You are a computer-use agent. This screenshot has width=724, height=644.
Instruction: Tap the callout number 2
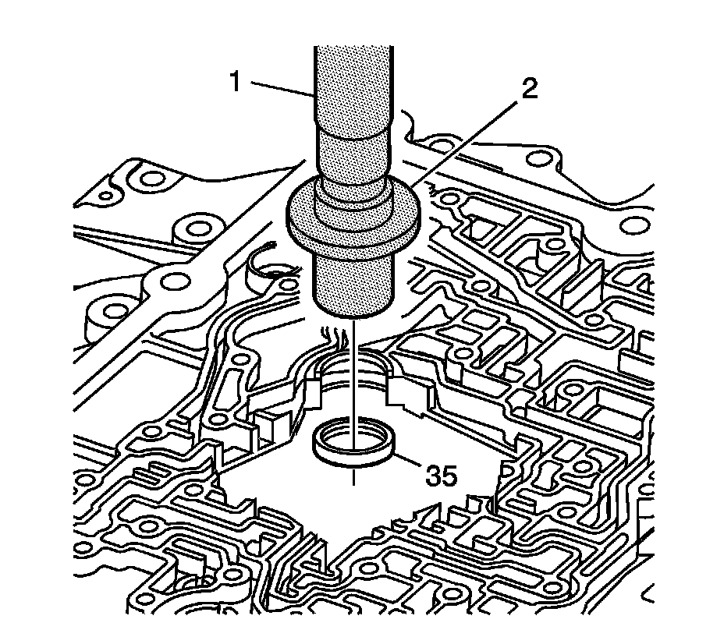point(529,88)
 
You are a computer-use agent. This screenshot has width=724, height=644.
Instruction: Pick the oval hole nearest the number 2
point(536,158)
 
